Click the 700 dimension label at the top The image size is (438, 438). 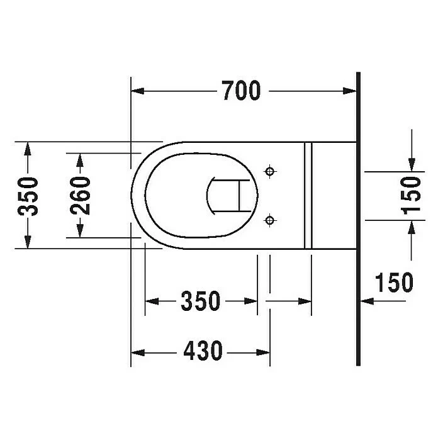[x=240, y=91]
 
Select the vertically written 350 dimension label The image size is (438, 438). [x=28, y=195]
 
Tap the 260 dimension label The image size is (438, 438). [x=79, y=195]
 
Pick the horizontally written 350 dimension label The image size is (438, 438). [x=201, y=301]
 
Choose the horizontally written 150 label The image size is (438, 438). [x=394, y=283]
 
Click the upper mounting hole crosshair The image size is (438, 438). [x=270, y=171]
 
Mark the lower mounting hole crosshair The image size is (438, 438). [x=270, y=220]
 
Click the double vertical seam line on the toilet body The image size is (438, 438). [x=308, y=195]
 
